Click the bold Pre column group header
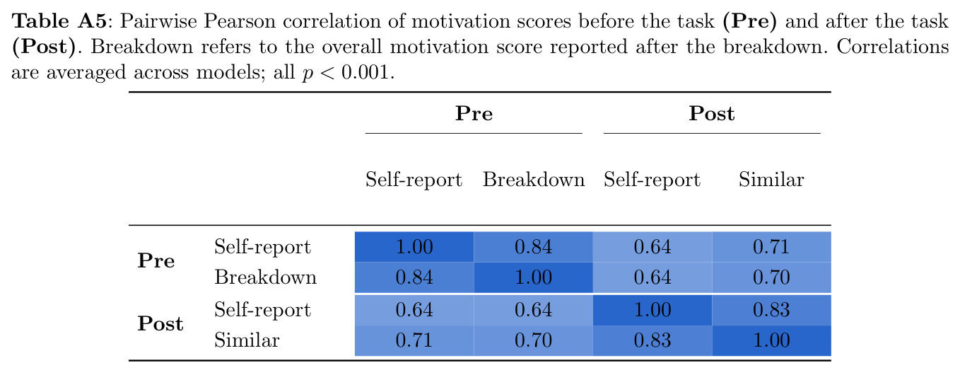(474, 114)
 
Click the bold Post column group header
(711, 114)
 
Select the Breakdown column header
(534, 179)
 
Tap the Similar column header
(771, 179)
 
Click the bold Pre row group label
(156, 261)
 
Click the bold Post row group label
(160, 323)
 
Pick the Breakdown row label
(265, 277)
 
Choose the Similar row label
(247, 340)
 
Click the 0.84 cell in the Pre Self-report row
(533, 247)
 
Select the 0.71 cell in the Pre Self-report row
(771, 247)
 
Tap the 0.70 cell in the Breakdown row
(771, 277)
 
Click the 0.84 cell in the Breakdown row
(414, 277)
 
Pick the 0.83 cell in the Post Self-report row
(771, 310)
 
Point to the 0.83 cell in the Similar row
(652, 340)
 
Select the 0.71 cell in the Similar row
(414, 340)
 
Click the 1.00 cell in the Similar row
(771, 340)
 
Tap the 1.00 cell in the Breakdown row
(533, 277)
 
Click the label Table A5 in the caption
(59, 21)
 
